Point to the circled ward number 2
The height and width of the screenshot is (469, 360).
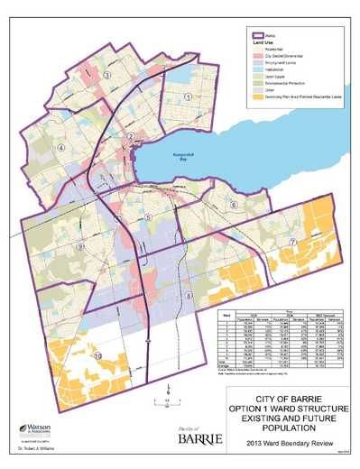click(132, 137)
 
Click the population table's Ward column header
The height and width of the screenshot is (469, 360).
click(229, 315)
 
